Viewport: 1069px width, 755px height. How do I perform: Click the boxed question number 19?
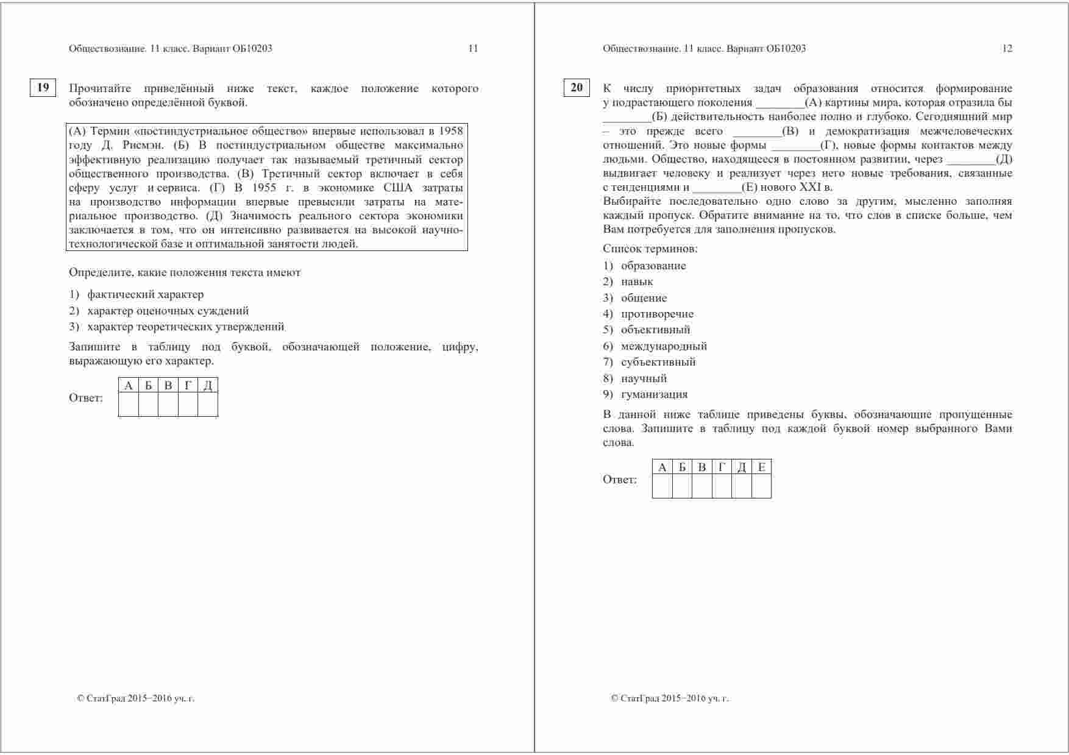pos(43,88)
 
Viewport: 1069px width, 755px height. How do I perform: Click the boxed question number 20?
pos(576,88)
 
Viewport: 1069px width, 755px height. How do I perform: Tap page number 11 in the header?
pos(473,49)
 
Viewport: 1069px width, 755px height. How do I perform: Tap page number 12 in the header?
pos(1007,49)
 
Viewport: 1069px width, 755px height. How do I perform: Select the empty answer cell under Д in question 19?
pos(208,405)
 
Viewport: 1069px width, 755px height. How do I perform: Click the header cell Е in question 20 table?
pos(761,467)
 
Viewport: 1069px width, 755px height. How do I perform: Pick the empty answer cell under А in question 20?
pos(662,486)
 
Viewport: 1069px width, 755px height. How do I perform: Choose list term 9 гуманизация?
pos(654,394)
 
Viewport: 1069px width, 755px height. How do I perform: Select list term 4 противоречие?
pos(657,314)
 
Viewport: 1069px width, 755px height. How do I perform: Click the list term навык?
pos(637,282)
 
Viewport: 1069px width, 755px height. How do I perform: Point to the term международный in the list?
pos(664,346)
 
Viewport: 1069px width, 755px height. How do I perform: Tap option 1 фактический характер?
pos(145,294)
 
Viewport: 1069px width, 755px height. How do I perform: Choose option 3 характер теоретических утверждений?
pos(185,327)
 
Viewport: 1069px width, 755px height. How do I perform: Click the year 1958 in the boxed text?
pos(450,131)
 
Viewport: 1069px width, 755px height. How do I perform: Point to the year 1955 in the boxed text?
pos(264,188)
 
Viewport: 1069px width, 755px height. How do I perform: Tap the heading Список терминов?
pos(650,249)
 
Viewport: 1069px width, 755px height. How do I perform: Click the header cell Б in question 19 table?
pos(148,385)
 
